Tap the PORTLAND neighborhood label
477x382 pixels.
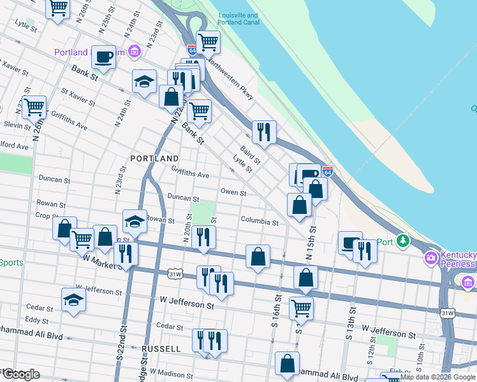point(154,158)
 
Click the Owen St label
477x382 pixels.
point(233,192)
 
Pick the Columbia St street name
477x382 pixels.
point(260,222)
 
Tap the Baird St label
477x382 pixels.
point(250,155)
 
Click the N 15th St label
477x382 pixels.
point(311,242)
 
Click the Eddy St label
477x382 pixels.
point(37,320)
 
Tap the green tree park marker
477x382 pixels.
point(402,241)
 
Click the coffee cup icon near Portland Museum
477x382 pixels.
point(103,57)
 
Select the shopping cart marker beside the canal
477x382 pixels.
point(208,42)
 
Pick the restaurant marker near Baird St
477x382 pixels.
point(264,131)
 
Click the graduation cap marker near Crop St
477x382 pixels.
point(135,220)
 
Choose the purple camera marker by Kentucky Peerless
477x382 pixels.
point(430,257)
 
